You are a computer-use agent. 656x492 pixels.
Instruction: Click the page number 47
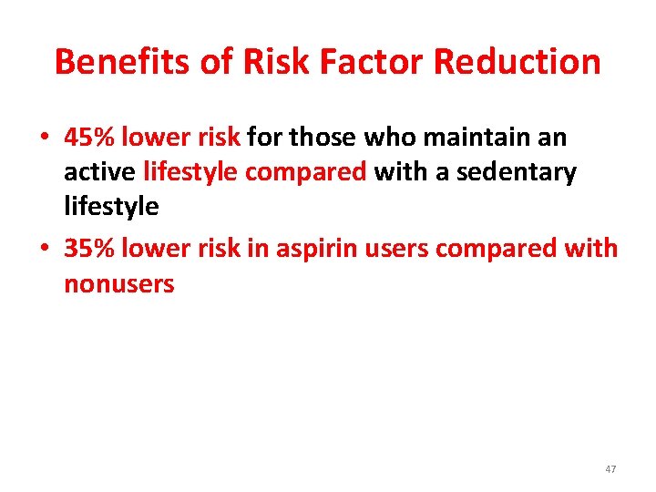[610, 469]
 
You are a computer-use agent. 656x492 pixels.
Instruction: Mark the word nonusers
[118, 283]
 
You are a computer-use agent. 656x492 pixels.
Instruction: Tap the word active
[99, 172]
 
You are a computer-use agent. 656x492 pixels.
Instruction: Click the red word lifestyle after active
[190, 172]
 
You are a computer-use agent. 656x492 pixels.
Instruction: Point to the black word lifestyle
[111, 207]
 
